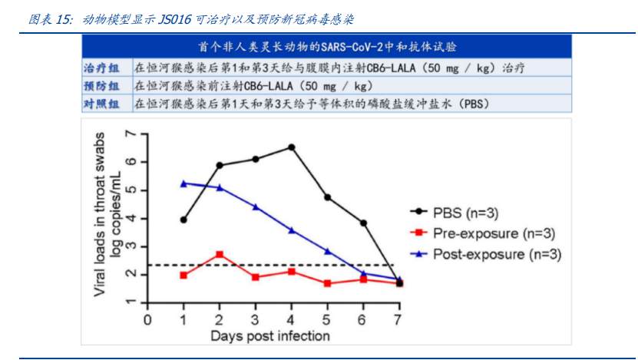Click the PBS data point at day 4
click(x=291, y=147)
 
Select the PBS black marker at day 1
click(x=183, y=220)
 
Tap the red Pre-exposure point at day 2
click(x=220, y=254)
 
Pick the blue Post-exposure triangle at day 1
click(x=183, y=183)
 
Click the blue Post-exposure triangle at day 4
click(x=291, y=230)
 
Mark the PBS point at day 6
click(x=363, y=223)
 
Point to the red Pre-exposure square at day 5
click(x=327, y=283)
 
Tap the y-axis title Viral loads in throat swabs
click(x=101, y=213)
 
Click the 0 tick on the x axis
click(x=147, y=318)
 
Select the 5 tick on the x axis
click(x=327, y=318)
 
